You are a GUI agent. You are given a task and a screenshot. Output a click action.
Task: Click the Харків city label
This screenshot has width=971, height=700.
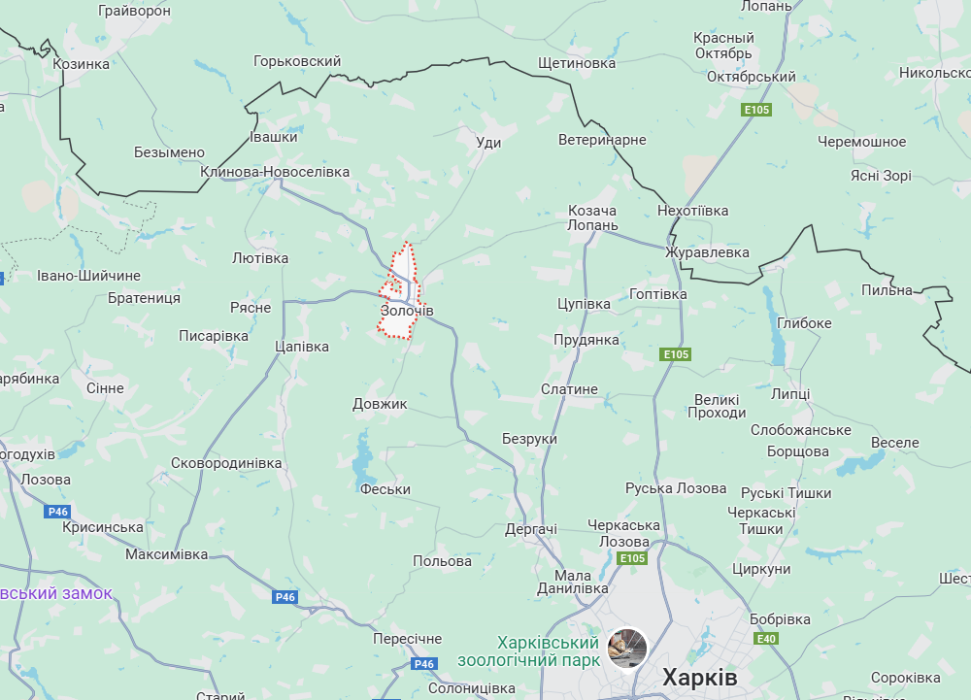[x=699, y=677]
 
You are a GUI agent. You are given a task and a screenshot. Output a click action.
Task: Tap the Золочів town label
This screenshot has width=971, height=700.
[x=407, y=311]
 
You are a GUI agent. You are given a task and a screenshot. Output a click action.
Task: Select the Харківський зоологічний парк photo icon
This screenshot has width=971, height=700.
[x=627, y=648]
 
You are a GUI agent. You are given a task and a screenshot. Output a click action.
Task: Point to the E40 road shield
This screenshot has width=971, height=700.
[x=767, y=638]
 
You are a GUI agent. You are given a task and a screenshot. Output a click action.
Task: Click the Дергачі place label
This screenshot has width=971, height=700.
[x=531, y=529]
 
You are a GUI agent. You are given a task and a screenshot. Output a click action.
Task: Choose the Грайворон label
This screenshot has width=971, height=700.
[x=135, y=11]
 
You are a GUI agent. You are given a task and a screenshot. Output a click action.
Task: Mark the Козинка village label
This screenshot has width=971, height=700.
[x=82, y=63]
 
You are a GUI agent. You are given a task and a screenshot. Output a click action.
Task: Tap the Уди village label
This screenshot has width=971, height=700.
[x=489, y=143]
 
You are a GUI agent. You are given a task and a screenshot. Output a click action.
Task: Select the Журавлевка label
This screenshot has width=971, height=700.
[x=707, y=252]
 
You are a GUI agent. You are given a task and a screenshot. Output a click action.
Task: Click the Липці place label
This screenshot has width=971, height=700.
[x=790, y=393]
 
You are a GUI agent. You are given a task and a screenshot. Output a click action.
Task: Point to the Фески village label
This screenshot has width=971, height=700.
[x=385, y=489]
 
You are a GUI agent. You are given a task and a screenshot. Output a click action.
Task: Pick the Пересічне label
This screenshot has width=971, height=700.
[x=407, y=639]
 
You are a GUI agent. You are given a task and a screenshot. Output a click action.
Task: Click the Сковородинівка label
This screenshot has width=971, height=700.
[x=226, y=463]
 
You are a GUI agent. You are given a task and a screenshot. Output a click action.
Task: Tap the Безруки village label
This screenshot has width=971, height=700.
[x=529, y=439]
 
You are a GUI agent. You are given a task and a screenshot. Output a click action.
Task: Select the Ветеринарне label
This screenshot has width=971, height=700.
[x=602, y=140]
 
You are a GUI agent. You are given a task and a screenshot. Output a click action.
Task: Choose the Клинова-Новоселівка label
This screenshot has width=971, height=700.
[x=275, y=172]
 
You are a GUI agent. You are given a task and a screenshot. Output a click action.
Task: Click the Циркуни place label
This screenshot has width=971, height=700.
[x=762, y=569]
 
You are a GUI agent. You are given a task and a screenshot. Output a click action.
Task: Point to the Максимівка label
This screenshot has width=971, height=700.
[x=166, y=554]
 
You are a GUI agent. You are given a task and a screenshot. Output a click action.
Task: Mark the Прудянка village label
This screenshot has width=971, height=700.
[x=586, y=340]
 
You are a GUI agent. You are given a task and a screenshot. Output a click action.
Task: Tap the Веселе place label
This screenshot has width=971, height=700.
[x=894, y=443]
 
